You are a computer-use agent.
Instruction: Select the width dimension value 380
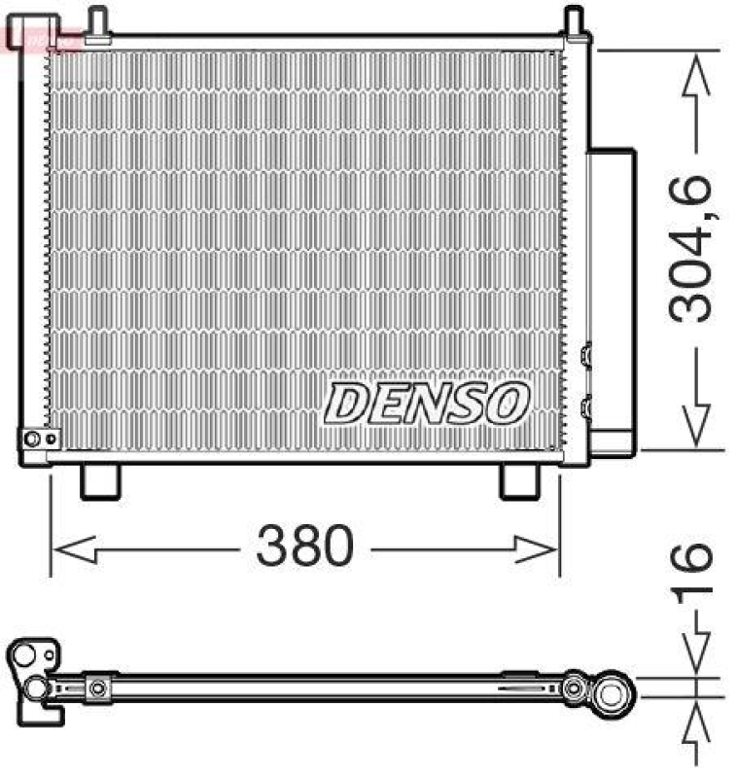pos(303,547)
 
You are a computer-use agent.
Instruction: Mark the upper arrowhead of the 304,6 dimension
pos(696,74)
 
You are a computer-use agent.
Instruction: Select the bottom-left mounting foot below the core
pos(98,480)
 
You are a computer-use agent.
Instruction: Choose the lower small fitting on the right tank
pos(585,407)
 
